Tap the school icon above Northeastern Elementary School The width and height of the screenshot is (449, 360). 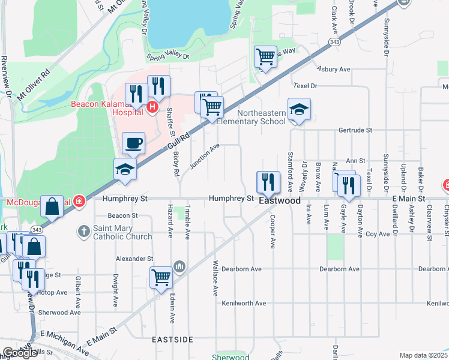point(299,109)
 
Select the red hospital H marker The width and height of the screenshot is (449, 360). point(152,107)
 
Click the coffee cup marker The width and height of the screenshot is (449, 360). point(133,143)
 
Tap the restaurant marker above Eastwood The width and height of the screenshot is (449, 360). point(268,182)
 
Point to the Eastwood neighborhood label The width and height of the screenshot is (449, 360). point(279,201)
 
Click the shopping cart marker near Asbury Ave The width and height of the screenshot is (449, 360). point(265,58)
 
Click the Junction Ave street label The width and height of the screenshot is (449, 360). point(205,157)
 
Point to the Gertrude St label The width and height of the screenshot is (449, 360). point(355,130)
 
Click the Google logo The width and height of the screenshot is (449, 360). point(20,353)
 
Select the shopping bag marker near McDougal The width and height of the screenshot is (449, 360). point(52,206)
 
